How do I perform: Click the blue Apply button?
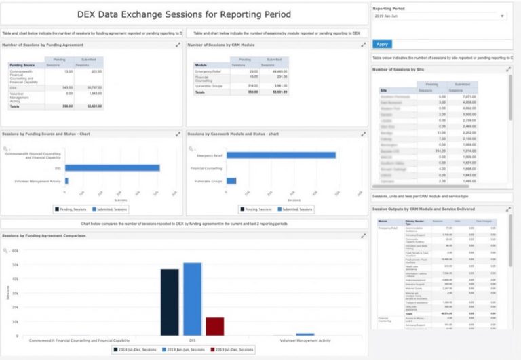tap(383, 44)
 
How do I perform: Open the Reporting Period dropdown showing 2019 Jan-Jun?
tap(439, 16)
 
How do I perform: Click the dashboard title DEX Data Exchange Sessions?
tap(185, 14)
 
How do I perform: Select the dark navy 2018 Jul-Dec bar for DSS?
tap(170, 302)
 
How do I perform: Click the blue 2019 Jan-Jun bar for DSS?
tap(192, 299)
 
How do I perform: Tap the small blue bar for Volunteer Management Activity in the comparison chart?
tap(305, 334)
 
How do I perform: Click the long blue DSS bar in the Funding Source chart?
tap(112, 167)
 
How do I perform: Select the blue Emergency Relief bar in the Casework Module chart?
tap(281, 155)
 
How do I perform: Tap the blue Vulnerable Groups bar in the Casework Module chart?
tap(231, 181)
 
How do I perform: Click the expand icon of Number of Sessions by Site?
tap(508, 69)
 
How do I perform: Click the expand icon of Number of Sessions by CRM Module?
tap(364, 45)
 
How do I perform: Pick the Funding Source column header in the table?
tap(22, 65)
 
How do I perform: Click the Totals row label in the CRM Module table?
tap(199, 92)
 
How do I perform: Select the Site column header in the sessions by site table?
tap(384, 90)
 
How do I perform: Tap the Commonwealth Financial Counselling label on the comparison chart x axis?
tap(75, 340)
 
